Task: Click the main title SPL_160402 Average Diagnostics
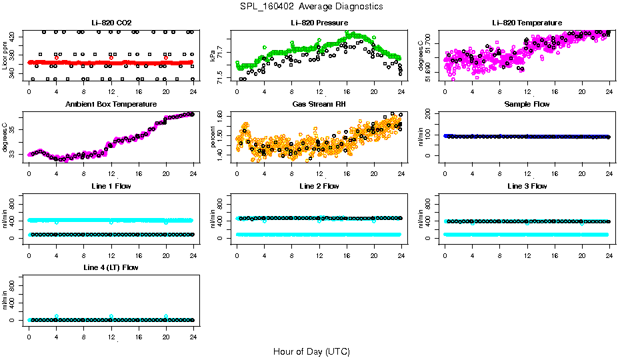(x=312, y=6)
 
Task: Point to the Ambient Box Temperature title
(x=111, y=105)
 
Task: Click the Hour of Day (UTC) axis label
(x=311, y=351)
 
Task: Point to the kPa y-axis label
(x=213, y=56)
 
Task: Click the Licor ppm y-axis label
(x=6, y=56)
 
